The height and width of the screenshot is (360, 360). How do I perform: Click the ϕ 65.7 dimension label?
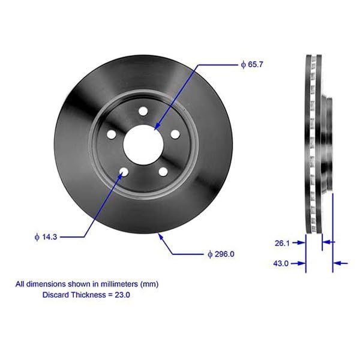pyautogui.click(x=251, y=64)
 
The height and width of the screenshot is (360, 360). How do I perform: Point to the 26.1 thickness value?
pyautogui.click(x=281, y=243)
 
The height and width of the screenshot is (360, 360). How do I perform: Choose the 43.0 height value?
pyautogui.click(x=281, y=263)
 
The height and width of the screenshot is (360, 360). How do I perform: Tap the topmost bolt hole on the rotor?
pyautogui.click(x=143, y=111)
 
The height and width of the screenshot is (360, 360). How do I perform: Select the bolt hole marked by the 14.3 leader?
pyautogui.click(x=124, y=173)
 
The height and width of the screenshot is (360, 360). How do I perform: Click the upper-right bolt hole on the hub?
pyautogui.click(x=174, y=134)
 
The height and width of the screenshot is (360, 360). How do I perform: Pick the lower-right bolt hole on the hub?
pyautogui.click(x=163, y=172)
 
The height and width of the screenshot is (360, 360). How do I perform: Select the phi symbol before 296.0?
pyautogui.click(x=210, y=254)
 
